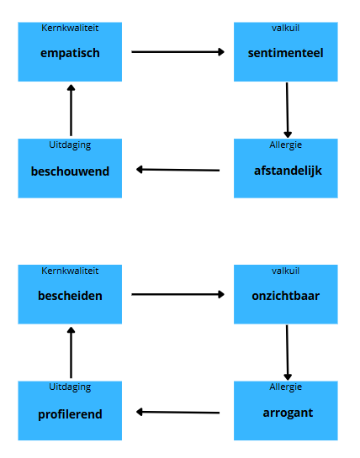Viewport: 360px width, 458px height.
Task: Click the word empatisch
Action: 70,53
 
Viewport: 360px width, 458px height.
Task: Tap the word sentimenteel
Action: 285,53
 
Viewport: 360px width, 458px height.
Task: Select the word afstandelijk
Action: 288,171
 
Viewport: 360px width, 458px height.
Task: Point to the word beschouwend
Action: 70,171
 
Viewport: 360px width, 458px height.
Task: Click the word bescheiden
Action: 70,296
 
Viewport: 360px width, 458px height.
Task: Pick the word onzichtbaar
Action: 285,296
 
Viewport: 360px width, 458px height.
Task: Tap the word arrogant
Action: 288,413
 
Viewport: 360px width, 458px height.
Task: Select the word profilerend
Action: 70,414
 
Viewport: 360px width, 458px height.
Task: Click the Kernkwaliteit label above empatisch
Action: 70,28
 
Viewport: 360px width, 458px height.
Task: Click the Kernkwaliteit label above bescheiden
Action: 70,271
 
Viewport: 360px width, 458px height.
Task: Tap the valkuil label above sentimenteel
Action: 285,28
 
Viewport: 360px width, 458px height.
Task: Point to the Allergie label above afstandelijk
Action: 285,145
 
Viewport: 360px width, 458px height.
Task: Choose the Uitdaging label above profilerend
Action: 70,387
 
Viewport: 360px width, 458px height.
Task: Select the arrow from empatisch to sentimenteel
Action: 177,52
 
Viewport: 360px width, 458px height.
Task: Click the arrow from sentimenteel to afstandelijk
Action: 287,110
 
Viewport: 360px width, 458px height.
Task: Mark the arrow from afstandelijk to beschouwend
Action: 177,170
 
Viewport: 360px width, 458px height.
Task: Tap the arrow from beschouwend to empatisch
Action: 71,110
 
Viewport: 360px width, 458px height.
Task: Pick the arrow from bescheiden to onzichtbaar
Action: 177,294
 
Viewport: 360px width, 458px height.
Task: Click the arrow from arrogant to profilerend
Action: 177,412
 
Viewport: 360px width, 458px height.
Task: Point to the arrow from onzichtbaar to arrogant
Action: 287,353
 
